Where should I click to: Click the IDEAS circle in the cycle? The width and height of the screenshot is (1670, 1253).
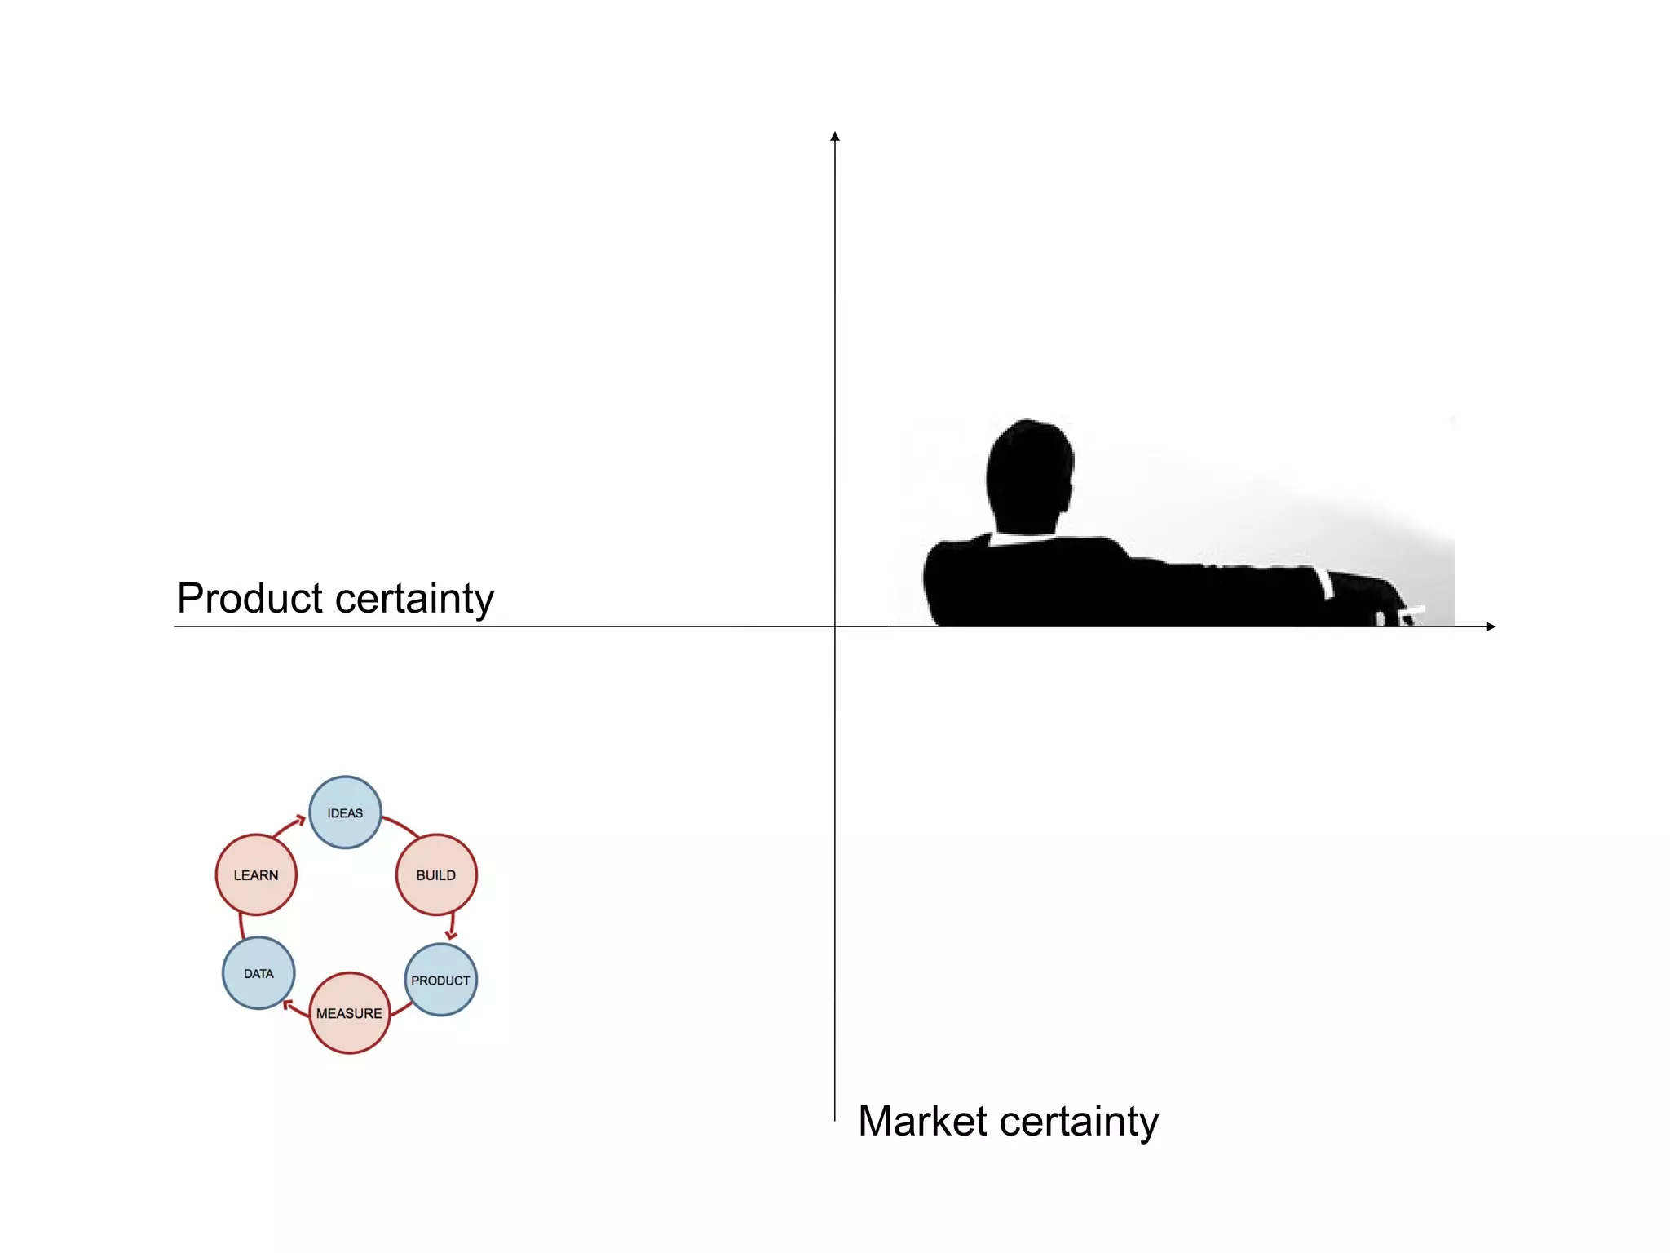coord(345,812)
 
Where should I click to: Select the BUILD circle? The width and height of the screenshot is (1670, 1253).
coord(436,874)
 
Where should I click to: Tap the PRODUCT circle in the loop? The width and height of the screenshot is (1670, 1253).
coord(440,980)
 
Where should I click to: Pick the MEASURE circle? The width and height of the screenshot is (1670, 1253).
coord(349,1012)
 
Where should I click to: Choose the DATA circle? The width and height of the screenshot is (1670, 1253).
coord(258,973)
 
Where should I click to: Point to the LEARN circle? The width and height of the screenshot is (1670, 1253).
coord(256,874)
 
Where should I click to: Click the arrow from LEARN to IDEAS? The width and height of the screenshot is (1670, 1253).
coord(288,826)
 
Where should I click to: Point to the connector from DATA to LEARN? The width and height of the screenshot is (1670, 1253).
coord(241,927)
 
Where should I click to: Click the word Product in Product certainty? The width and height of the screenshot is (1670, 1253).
coord(250,598)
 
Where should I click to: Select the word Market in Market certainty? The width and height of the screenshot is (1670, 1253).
coord(922,1121)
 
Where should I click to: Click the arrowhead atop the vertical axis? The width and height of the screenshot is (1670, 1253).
coord(835,136)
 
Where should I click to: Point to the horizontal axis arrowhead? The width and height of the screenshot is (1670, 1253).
coord(1491,626)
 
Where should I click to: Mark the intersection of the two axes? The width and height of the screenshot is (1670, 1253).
coord(835,626)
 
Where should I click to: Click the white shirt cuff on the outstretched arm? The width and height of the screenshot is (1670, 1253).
coord(1327,582)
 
